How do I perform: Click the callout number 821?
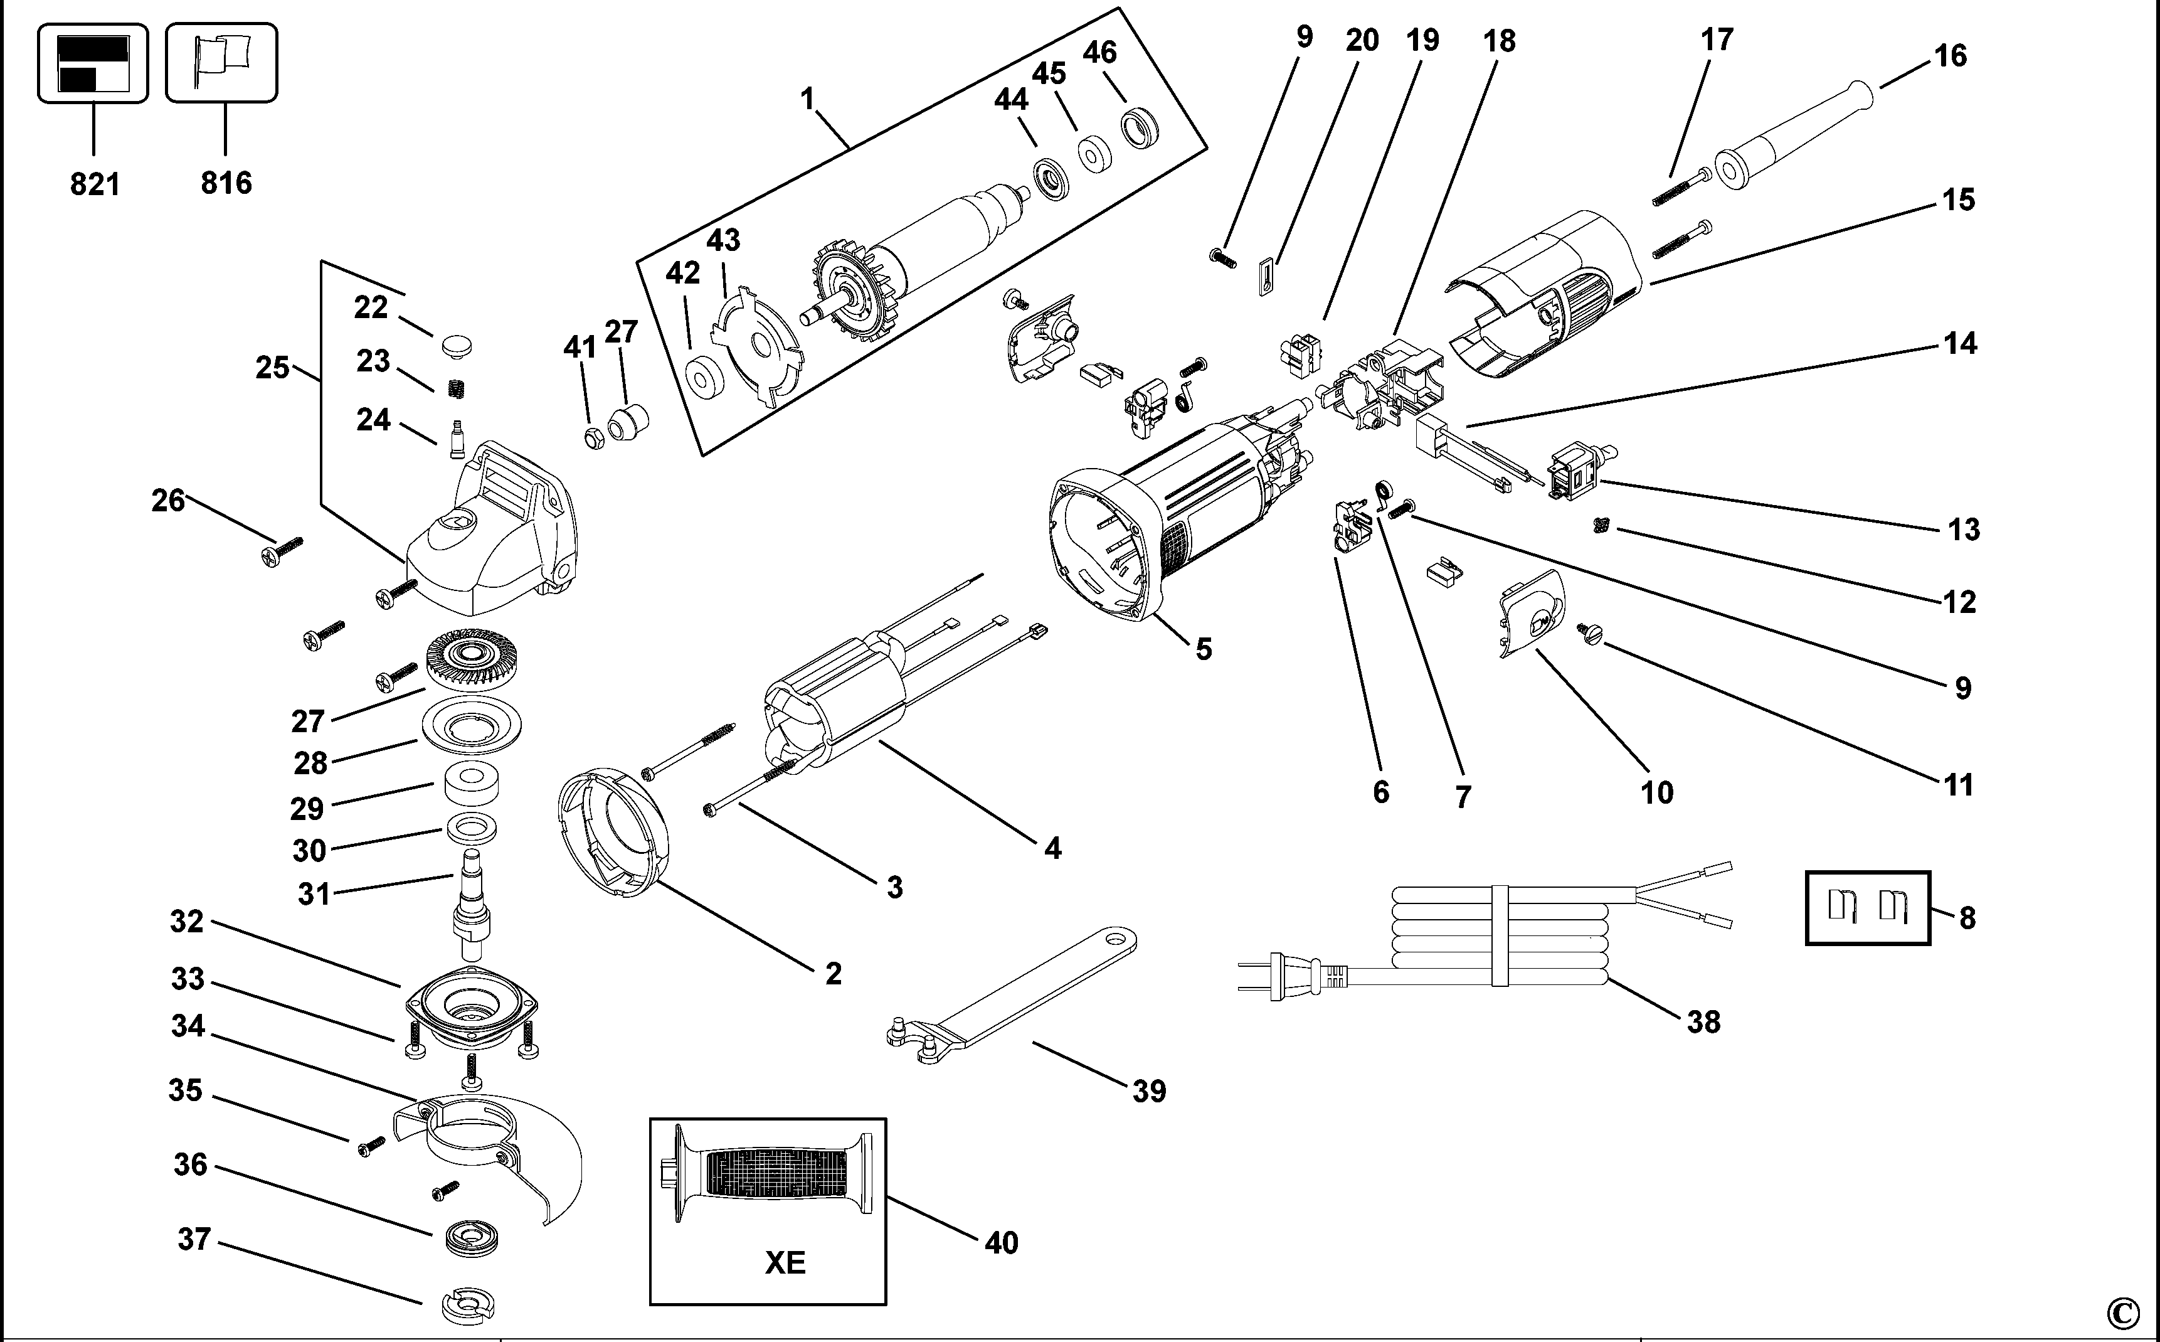(x=94, y=184)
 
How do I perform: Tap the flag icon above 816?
(x=222, y=62)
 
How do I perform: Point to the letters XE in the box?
(x=785, y=1261)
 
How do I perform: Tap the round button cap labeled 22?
(x=454, y=346)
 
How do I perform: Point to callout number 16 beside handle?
(x=1950, y=56)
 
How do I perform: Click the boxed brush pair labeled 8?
(x=1867, y=907)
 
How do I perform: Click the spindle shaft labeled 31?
(x=470, y=905)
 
